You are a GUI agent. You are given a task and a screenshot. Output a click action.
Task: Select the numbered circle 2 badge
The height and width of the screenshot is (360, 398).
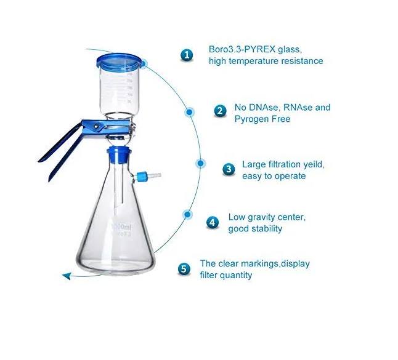[x=221, y=111]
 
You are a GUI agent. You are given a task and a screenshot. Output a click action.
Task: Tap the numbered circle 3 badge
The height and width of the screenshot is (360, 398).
[x=229, y=169]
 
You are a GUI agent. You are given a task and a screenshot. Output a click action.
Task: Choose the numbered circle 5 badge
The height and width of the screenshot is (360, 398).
[x=184, y=269]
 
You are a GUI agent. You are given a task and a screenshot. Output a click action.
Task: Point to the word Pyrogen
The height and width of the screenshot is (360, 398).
[x=253, y=119]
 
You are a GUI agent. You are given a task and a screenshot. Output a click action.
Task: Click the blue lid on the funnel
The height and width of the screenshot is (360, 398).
[x=120, y=61]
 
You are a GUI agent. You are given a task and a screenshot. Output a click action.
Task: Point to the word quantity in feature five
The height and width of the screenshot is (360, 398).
[x=235, y=275]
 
